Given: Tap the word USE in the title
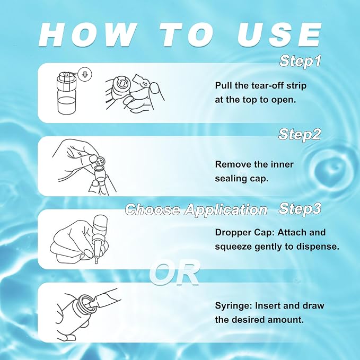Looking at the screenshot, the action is click(x=279, y=35).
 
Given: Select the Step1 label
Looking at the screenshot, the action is click(x=300, y=62).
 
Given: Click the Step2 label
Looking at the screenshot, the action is click(x=299, y=135).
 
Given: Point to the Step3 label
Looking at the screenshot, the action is click(x=300, y=209).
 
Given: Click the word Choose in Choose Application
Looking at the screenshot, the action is click(x=153, y=209).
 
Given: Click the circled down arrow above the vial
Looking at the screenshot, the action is click(x=85, y=74).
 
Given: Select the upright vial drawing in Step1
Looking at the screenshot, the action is click(x=67, y=92).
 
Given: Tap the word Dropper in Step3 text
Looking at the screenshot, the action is click(x=233, y=233).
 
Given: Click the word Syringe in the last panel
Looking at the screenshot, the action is click(x=233, y=306).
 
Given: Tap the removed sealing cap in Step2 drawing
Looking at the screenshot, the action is click(x=100, y=160).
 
